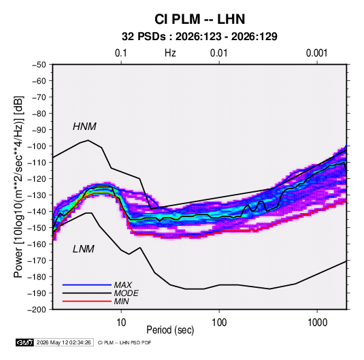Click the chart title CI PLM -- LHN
[199, 19]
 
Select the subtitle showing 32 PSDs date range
[199, 37]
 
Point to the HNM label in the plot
[84, 127]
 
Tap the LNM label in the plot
[84, 249]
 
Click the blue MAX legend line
[87, 285]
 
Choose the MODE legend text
[127, 293]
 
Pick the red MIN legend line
[87, 301]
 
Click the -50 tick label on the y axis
[39, 65]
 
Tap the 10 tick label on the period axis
[121, 322]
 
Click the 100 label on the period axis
[219, 322]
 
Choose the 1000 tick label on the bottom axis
[317, 322]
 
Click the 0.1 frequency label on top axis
[121, 53]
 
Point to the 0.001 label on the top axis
[316, 53]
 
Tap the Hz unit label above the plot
[170, 53]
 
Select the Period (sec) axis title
[170, 330]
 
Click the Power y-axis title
[18, 187]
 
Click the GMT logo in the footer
[25, 342]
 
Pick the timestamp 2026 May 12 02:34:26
[64, 342]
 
